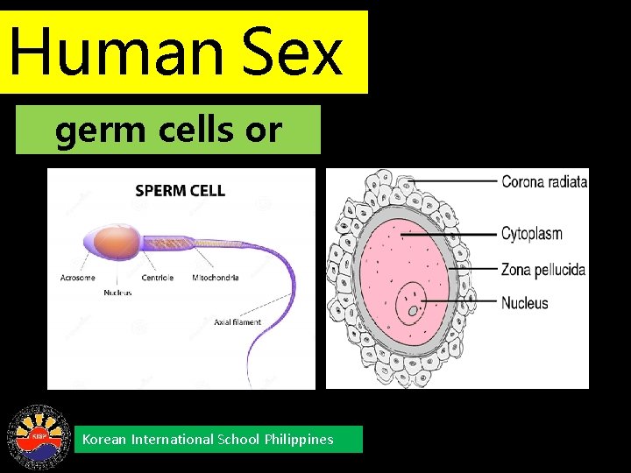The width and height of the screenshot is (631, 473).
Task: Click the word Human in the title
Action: (x=114, y=53)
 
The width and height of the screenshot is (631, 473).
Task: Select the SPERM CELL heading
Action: (x=181, y=190)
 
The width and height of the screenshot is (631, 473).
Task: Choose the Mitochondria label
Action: (x=215, y=278)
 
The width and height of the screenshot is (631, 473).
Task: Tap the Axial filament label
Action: (x=237, y=322)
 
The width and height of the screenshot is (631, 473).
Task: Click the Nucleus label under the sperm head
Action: (x=117, y=293)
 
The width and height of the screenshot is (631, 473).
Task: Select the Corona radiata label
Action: (x=543, y=182)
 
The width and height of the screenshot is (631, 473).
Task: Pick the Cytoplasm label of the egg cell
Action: (x=531, y=234)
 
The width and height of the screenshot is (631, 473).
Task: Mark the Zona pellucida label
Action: (x=542, y=269)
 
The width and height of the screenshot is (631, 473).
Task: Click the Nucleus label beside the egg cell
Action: (x=524, y=303)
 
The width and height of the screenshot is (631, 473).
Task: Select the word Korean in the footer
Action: (x=104, y=440)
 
